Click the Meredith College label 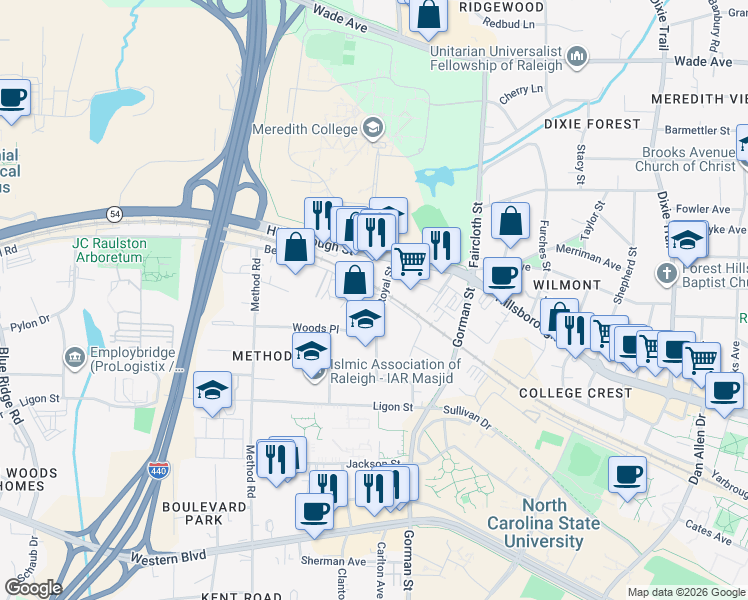tap(305, 129)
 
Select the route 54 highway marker tap(115, 214)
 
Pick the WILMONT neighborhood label tap(567, 285)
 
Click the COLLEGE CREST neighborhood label tap(575, 393)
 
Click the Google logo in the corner tap(33, 588)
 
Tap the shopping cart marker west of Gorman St tap(410, 262)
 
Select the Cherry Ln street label tap(520, 90)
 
